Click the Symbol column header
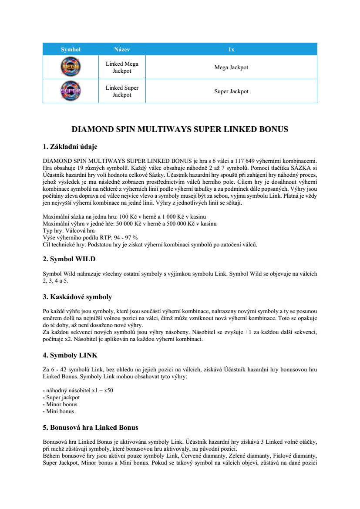pos(71,50)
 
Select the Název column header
pos(122,50)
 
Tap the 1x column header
pos(231,50)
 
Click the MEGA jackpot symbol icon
pos(70,67)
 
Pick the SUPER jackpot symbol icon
pos(70,91)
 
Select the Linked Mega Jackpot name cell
pos(122,67)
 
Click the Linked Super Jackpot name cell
pos(122,91)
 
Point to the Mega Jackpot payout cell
pos(231,67)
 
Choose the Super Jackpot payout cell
pos(231,91)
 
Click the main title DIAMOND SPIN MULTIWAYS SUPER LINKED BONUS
pos(180,129)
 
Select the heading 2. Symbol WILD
pos(69,259)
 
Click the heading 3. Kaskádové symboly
pos(77,297)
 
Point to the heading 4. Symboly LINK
pos(70,355)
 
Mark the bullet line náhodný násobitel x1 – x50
pos(78,391)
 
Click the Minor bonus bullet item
pos(62,405)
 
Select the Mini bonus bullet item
pos(60,411)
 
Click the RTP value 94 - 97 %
pos(126,237)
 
